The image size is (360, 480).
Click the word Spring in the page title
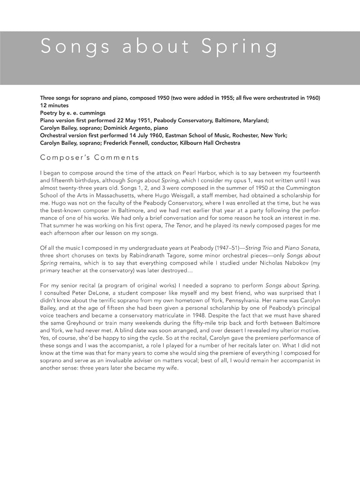(x=239, y=46)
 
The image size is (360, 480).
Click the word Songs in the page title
(x=75, y=46)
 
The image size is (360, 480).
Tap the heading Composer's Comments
(x=90, y=157)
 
